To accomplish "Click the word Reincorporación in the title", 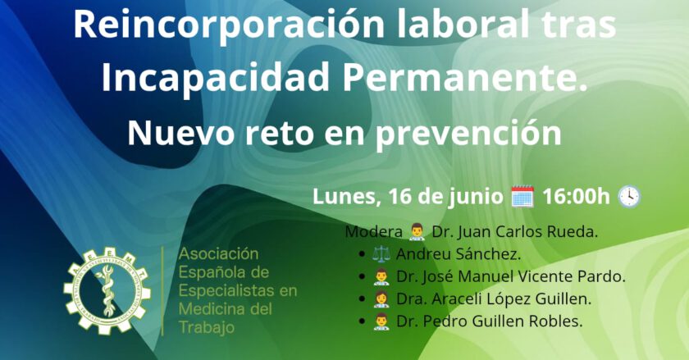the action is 229,25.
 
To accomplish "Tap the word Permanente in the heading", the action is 465,77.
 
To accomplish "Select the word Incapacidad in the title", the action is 215,77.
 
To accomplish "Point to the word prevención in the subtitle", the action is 468,134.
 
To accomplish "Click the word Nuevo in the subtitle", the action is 180,133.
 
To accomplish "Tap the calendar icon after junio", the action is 522,197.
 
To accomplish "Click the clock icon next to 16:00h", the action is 629,197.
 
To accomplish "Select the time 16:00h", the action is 576,197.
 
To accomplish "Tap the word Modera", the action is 373,231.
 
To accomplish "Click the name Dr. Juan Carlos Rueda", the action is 515,231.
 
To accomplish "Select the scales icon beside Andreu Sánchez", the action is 381,254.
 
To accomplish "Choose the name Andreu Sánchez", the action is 459,254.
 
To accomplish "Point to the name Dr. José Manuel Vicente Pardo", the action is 510,276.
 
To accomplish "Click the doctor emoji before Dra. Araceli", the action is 381,298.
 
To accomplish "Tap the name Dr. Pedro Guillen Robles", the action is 489,321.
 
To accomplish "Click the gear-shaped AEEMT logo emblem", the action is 107,290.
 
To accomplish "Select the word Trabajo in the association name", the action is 206,328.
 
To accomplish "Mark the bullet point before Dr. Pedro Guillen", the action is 362,321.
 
